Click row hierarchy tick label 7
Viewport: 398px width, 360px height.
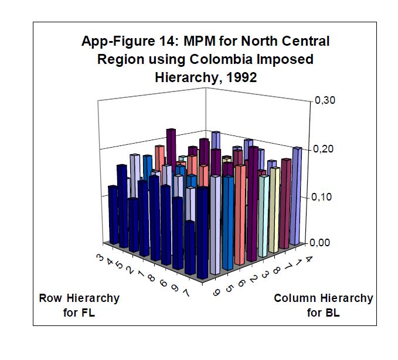pyautogui.click(x=185, y=291)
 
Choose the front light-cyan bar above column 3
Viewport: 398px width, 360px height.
pyautogui.click(x=263, y=214)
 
